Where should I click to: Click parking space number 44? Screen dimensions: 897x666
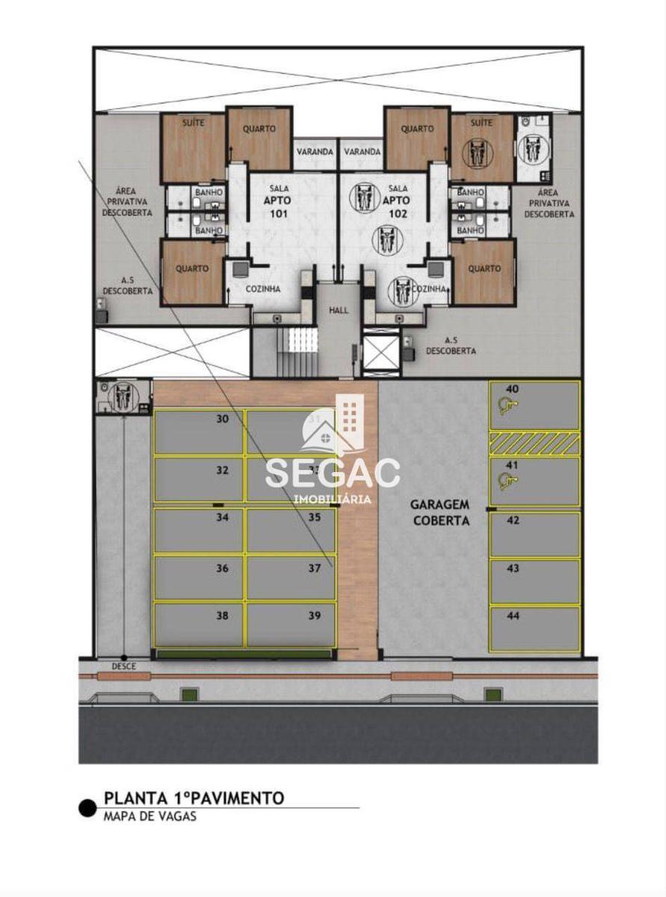coord(534,629)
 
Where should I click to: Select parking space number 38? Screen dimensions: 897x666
coord(198,625)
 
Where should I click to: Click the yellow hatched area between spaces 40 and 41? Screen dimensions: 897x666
coord(534,443)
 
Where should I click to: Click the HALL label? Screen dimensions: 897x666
coord(339,309)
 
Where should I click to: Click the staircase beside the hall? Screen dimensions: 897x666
coord(297,351)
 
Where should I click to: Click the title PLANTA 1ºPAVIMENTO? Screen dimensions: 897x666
coord(194,798)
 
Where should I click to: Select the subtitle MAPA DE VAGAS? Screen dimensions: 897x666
coord(149,816)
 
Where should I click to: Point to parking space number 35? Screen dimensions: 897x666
coord(292,530)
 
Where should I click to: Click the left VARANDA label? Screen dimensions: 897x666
coord(315,152)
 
